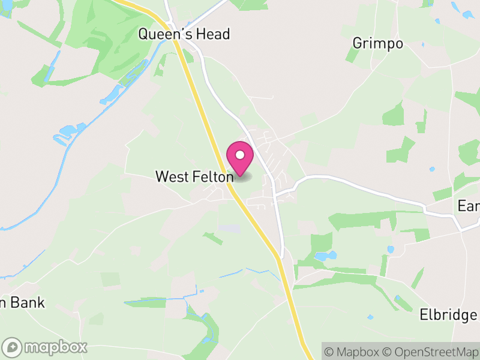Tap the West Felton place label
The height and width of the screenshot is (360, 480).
(194, 177)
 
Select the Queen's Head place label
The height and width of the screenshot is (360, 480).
(184, 34)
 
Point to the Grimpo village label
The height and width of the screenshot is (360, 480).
(377, 44)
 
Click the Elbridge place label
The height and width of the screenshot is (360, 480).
(448, 314)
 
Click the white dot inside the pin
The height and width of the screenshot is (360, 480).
(240, 155)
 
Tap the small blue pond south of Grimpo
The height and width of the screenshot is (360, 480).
(431, 169)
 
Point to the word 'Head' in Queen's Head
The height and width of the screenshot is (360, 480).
(214, 34)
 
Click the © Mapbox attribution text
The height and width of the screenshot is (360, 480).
(352, 351)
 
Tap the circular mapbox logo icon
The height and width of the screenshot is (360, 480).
(13, 347)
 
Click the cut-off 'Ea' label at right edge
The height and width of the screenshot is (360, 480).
(469, 206)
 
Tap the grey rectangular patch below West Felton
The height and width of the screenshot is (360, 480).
(229, 229)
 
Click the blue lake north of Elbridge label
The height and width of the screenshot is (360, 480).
(325, 256)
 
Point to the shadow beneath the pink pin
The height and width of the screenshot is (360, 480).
(242, 175)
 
